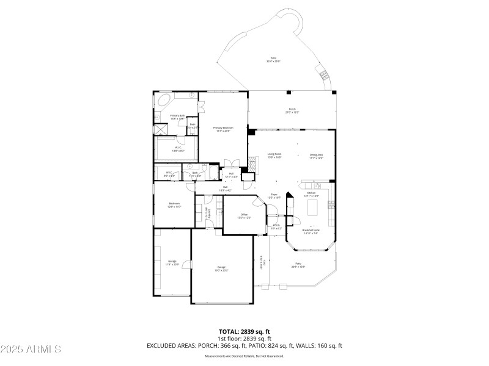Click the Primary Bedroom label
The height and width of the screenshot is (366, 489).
223,129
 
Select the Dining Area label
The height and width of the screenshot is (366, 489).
316,156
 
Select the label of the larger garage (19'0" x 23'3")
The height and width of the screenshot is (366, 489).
221,268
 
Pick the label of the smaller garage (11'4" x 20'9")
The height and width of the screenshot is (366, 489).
172,263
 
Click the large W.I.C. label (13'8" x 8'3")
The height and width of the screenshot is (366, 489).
177,148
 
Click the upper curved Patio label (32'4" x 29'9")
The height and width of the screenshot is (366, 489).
273,60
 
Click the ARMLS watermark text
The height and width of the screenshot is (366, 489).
31,350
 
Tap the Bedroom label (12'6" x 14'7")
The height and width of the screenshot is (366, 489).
174,204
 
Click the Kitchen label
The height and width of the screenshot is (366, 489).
311,194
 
